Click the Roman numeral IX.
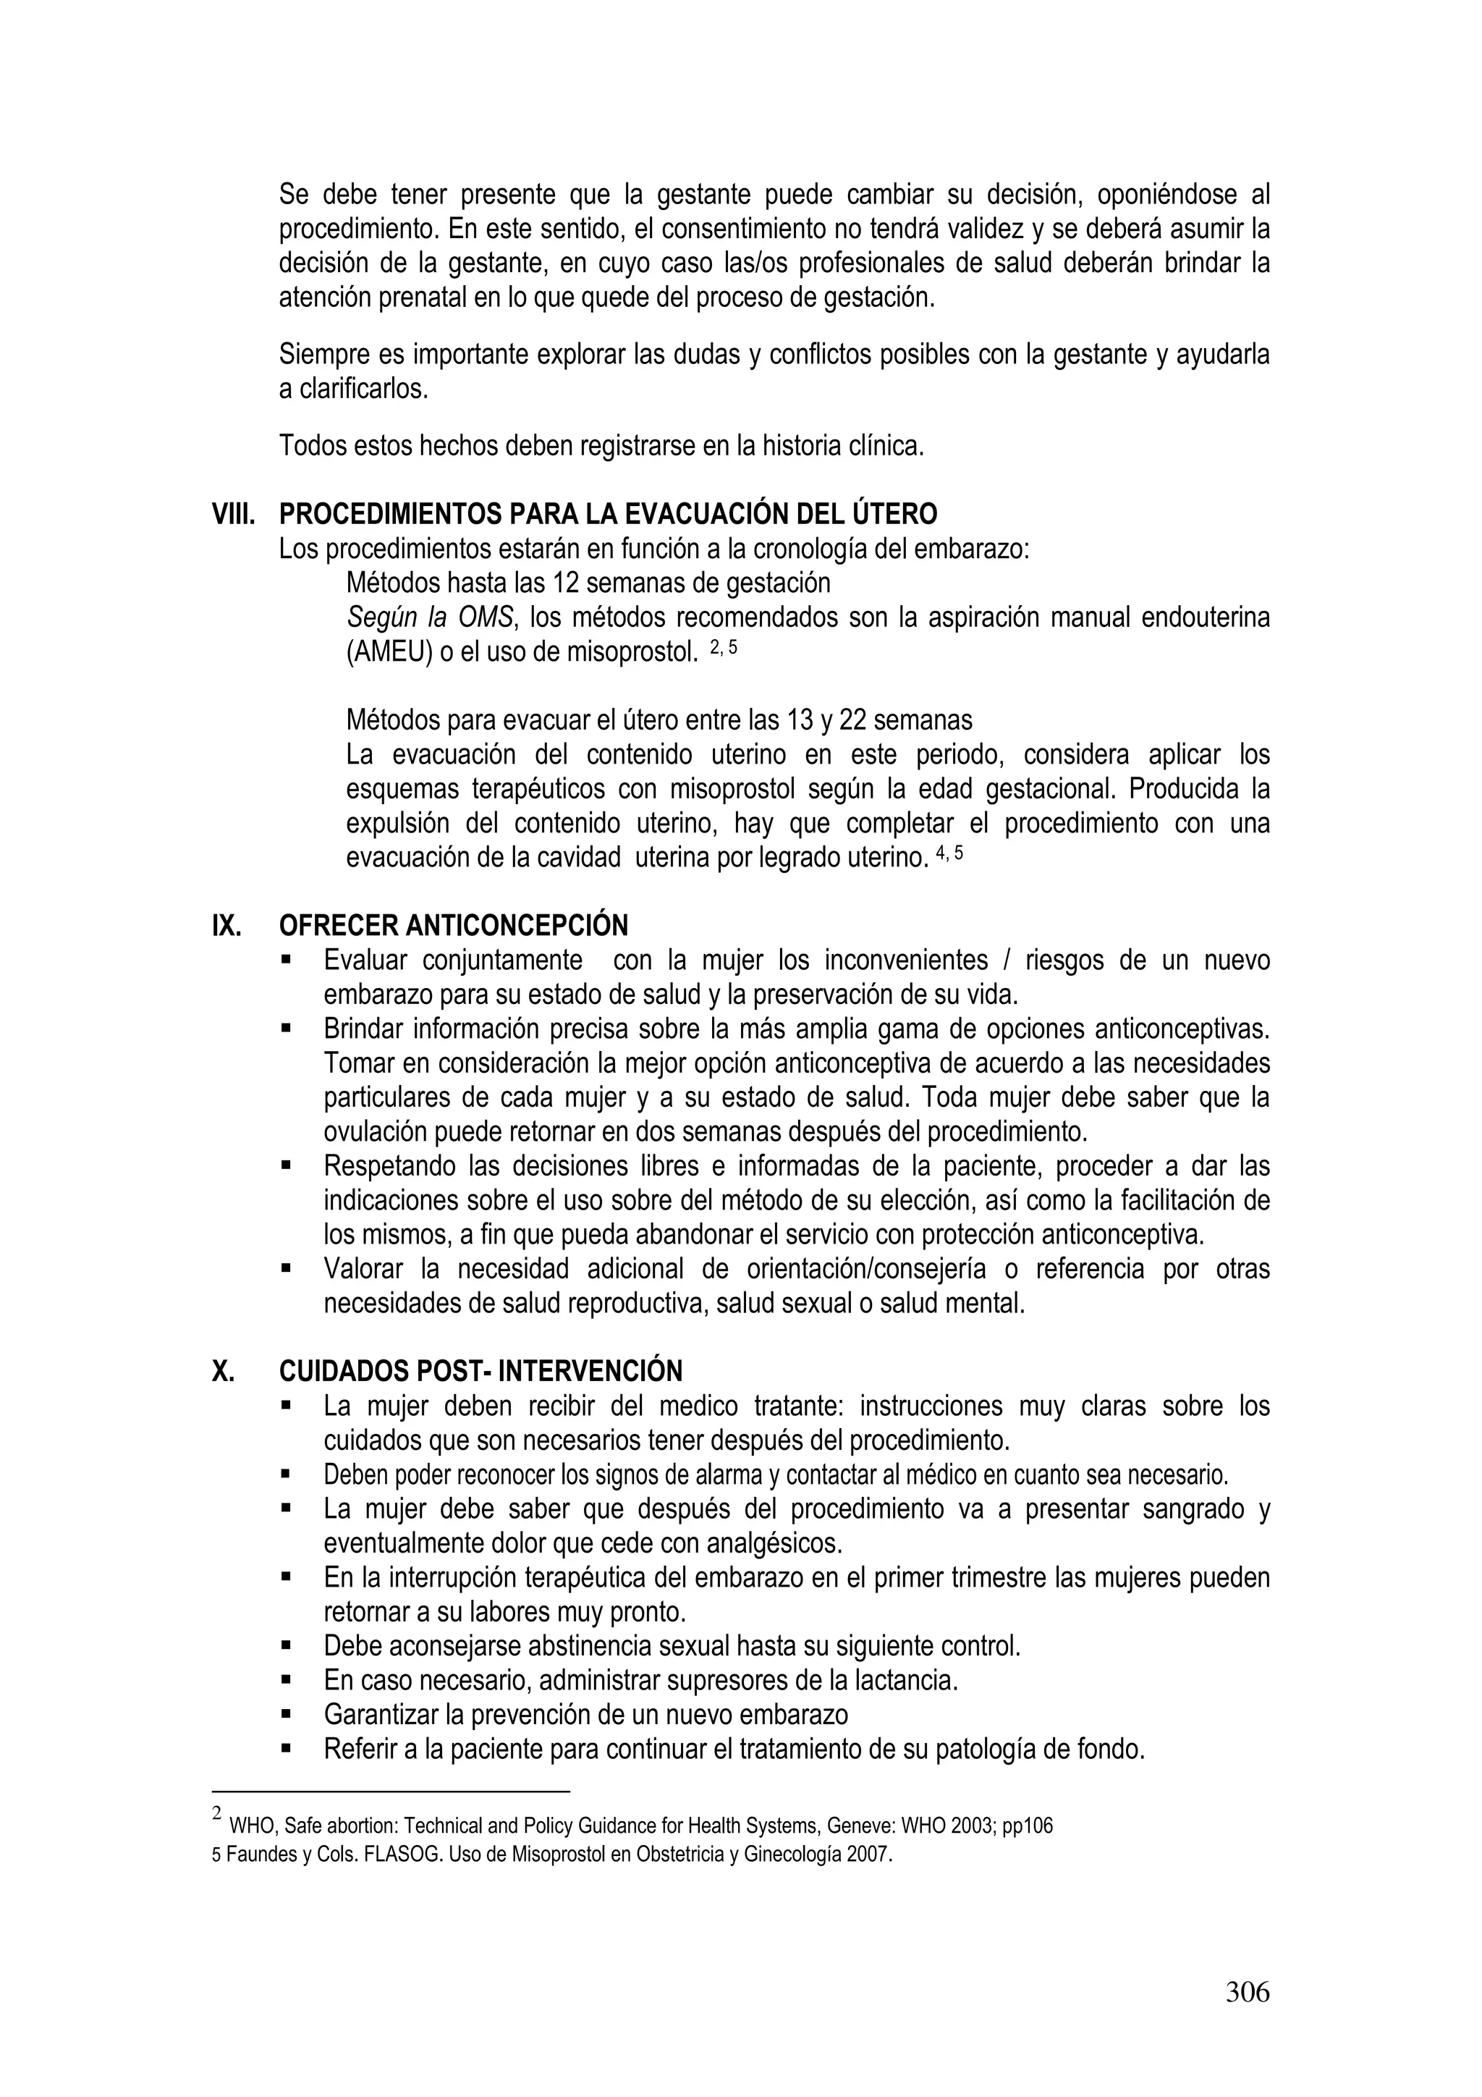[226, 926]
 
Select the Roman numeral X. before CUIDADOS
[222, 1371]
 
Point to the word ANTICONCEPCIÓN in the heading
[517, 926]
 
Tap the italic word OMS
[485, 618]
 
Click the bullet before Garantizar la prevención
[286, 1714]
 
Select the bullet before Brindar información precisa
[286, 1029]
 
